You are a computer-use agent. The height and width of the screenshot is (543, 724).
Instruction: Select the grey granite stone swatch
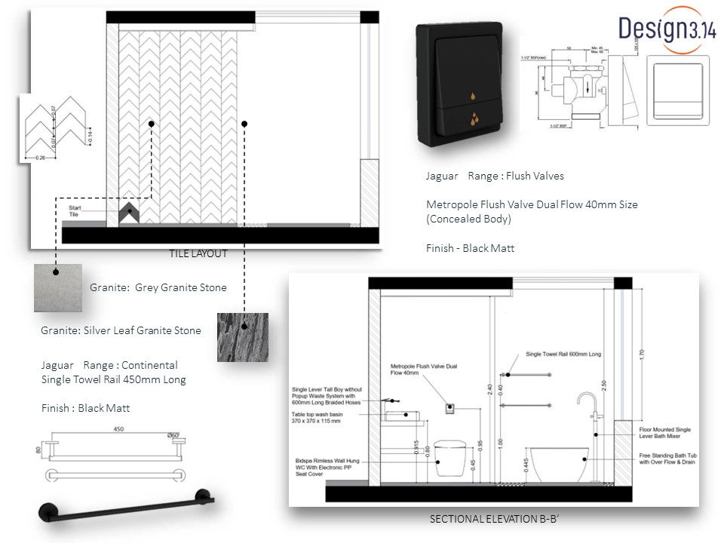[x=57, y=287]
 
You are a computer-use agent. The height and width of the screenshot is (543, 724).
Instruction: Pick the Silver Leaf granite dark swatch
[x=242, y=337]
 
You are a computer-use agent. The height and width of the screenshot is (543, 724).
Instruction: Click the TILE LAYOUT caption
[x=198, y=254]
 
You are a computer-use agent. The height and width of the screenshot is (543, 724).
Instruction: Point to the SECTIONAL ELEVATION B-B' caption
[x=498, y=520]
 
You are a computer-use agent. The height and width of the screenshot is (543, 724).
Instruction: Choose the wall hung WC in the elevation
[x=452, y=457]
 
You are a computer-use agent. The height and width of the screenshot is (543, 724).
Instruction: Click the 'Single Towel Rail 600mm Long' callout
[x=563, y=354]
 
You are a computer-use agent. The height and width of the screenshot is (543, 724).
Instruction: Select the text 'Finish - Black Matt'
[x=470, y=248]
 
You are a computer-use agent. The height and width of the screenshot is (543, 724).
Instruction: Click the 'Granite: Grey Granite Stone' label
[x=158, y=287]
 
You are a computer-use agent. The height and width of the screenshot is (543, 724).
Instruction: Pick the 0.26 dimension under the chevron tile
[x=41, y=158]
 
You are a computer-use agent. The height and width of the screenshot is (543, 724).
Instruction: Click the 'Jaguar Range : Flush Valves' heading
[x=495, y=176]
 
